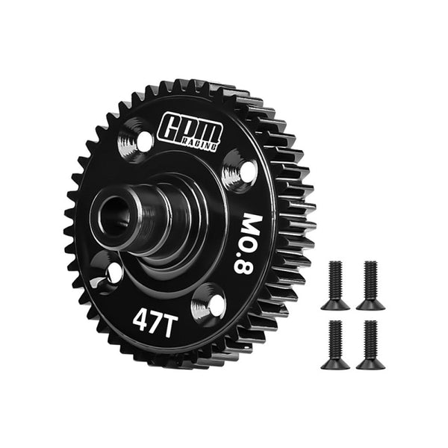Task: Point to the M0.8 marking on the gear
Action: tap(248, 243)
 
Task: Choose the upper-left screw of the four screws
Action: tap(335, 284)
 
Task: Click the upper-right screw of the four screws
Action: tap(370, 284)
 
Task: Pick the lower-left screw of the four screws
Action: tap(335, 344)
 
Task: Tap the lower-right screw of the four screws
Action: tap(369, 344)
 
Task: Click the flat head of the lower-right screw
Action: tap(369, 364)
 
